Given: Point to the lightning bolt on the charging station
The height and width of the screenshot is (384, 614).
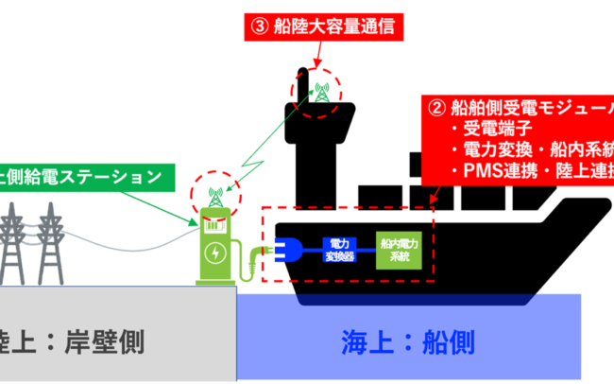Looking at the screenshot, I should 216,253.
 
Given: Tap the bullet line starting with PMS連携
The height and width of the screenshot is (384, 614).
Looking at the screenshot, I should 534,171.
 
